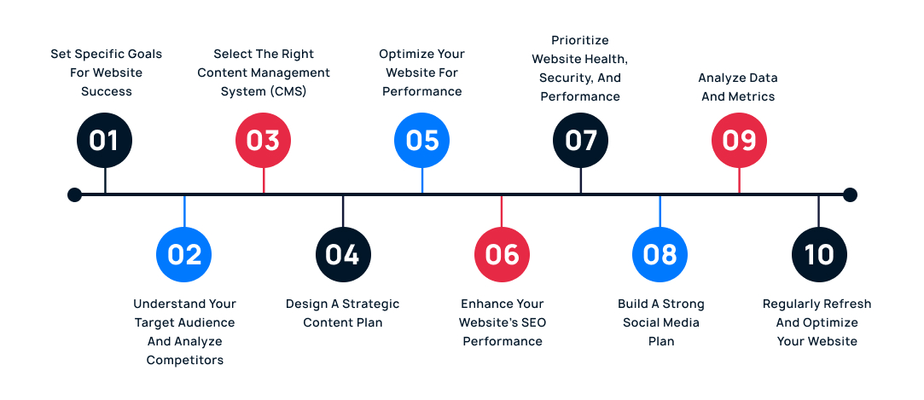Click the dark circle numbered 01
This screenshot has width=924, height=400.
[105, 140]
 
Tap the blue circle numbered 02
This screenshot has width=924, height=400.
[184, 254]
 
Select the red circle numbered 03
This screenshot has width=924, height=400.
[264, 140]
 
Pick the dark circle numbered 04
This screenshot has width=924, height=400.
[343, 254]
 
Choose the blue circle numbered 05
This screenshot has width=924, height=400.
[422, 140]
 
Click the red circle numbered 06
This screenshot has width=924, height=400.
[502, 254]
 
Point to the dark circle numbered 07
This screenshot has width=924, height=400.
[581, 140]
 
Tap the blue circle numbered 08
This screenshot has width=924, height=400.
[660, 254]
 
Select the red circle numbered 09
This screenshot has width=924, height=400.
[740, 140]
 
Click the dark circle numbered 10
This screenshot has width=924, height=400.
[819, 254]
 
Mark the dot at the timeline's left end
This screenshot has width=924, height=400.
[74, 195]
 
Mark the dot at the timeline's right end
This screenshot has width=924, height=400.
[850, 195]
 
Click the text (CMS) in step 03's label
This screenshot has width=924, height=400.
[286, 91]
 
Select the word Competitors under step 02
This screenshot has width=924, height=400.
[184, 360]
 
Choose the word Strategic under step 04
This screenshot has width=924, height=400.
[370, 304]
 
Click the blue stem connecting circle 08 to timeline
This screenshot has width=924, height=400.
[660, 212]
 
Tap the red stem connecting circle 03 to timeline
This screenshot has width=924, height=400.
[264, 180]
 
